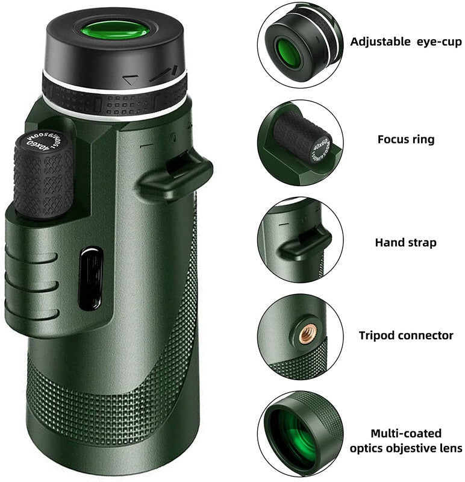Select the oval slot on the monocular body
coord(91,278)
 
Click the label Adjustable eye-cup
coord(406,42)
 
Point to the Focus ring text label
coord(405,139)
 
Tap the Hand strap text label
coord(405,243)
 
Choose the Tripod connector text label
coord(406,336)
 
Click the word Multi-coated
coord(405,433)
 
